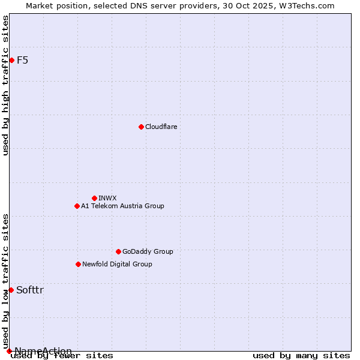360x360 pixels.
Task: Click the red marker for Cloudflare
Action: pos(141,127)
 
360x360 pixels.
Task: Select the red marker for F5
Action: pos(11,60)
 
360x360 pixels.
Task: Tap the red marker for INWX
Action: pos(94,198)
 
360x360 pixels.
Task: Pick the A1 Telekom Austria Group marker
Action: pos(77,206)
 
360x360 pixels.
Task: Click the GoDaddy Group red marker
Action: pos(118,251)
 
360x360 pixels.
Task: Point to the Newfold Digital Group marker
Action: pos(78,264)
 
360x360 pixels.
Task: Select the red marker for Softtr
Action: pos(11,290)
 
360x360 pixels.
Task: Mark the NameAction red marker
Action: pos(9,351)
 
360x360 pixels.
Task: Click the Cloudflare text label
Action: pos(161,127)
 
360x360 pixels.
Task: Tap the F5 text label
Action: pos(22,60)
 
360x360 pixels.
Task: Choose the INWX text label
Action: pos(107,198)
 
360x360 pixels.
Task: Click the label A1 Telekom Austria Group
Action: pos(122,206)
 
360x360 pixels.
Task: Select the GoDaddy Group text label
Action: pos(148,251)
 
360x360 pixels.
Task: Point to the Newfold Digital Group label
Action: pos(117,264)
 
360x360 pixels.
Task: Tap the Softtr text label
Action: pos(30,290)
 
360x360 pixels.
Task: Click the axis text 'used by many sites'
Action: pos(301,355)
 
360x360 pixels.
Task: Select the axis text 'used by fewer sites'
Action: pos(62,355)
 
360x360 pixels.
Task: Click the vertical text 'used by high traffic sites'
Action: pos(5,85)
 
